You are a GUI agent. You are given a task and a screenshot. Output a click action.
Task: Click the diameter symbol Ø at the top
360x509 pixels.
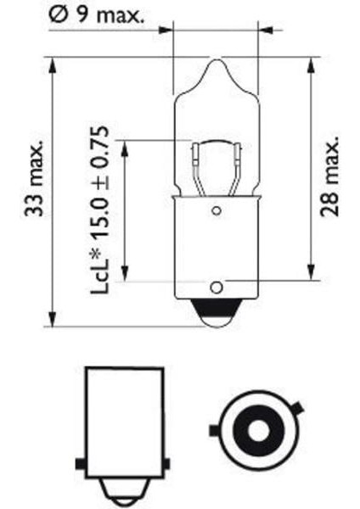pos(57,14)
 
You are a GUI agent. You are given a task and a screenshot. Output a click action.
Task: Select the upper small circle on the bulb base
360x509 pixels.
pos(216,210)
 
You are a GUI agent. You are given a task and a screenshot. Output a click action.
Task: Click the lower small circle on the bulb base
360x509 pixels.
pos(216,286)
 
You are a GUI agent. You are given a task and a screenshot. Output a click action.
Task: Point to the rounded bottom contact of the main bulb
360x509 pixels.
pos(216,316)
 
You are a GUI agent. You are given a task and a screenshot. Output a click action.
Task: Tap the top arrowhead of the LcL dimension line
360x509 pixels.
pos(125,146)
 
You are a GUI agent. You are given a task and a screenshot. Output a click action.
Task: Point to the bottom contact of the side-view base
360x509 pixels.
pos(122,493)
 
